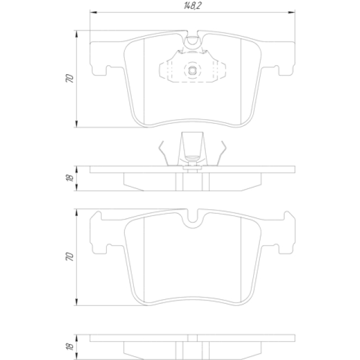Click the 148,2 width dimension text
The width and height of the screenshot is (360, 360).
click(x=192, y=6)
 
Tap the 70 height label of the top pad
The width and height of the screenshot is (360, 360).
click(x=70, y=79)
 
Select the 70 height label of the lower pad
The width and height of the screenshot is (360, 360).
click(x=70, y=256)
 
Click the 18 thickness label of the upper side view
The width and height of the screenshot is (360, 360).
click(x=70, y=178)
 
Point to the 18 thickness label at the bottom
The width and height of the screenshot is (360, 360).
click(x=70, y=346)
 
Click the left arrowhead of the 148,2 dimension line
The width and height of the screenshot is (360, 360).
click(x=93, y=12)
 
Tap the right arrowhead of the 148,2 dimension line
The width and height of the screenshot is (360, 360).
click(x=291, y=12)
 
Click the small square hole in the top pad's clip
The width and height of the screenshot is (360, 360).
click(x=192, y=70)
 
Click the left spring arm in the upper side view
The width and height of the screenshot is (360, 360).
click(x=164, y=153)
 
